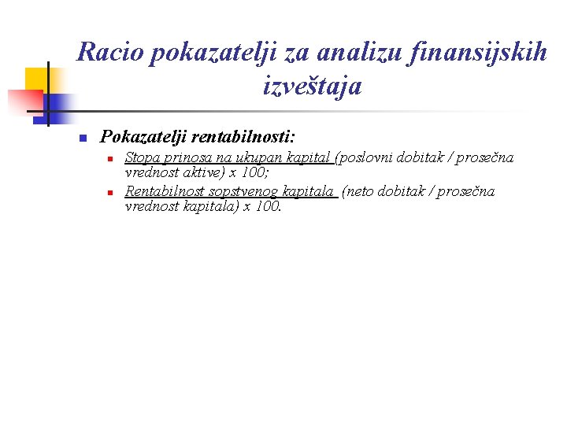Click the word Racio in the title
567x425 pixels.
pos(109,53)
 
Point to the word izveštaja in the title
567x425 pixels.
pos(313,86)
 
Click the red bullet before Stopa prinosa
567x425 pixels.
pos(112,159)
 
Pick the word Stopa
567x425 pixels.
pos(142,158)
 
